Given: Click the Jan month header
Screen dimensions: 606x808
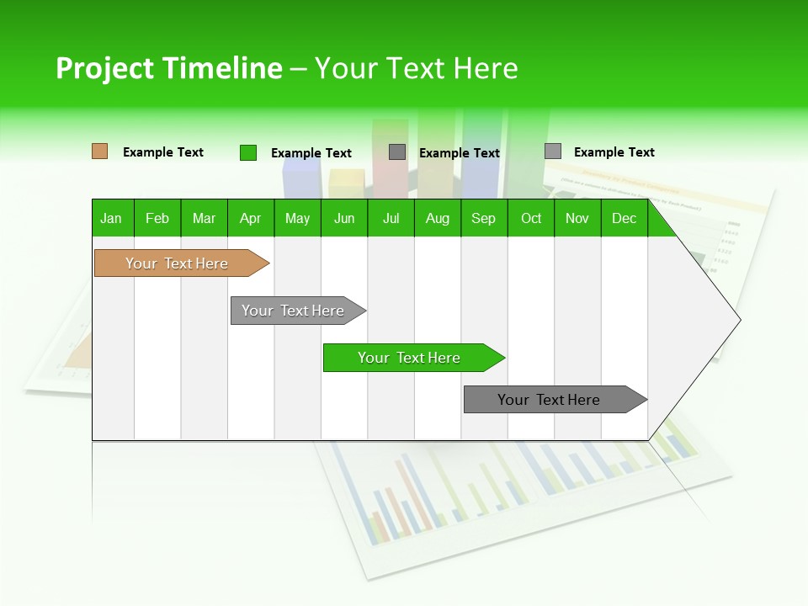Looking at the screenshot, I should point(112,218).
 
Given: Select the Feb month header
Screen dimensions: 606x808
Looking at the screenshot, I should point(157,218).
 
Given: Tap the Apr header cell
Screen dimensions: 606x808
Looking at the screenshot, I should point(251,218).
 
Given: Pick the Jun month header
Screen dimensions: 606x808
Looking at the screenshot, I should point(344,218).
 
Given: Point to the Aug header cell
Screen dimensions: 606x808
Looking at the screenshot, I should point(438,218).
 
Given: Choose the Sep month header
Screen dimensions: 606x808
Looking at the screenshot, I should point(484,218).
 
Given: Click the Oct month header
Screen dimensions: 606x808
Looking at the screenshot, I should point(531,218).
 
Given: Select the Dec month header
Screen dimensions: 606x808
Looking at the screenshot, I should point(625,218).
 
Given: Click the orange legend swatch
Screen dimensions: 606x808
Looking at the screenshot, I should point(99,151).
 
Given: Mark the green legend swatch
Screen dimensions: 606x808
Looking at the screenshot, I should point(248,152).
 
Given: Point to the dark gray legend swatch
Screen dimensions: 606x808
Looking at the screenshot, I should point(397,152).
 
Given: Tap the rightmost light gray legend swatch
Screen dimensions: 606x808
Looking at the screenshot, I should point(553,151).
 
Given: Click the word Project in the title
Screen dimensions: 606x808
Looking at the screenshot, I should point(105,68).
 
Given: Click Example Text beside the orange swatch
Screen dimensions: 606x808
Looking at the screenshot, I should point(163,152).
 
